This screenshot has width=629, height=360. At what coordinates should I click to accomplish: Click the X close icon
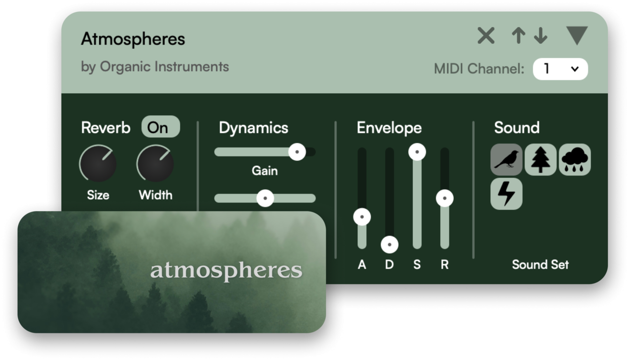tap(486, 36)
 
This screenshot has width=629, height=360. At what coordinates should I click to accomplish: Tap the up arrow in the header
tap(518, 36)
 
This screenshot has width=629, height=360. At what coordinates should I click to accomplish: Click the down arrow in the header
tap(540, 36)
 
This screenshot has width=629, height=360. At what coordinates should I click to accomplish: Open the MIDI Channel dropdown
tap(560, 69)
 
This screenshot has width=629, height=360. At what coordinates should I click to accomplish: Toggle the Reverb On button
tap(161, 127)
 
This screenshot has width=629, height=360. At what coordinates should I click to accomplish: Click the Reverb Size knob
tap(98, 164)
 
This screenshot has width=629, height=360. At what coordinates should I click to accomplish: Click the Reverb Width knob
tap(155, 164)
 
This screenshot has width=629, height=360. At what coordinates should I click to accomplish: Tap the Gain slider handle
tap(297, 152)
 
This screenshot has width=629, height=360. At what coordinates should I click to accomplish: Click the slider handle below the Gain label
tap(265, 198)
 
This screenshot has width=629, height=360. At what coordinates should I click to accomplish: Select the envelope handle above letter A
tap(362, 217)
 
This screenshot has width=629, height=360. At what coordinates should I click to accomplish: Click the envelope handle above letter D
tap(390, 245)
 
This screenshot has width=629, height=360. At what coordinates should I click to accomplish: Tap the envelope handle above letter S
tap(417, 152)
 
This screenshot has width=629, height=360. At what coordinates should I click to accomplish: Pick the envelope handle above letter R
tap(445, 198)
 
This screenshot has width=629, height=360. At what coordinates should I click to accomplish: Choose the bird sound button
tap(507, 160)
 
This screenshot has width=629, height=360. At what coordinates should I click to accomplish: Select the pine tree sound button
tap(540, 160)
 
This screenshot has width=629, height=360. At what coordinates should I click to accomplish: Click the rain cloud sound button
tap(575, 160)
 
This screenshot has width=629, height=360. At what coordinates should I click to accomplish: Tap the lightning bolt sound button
tap(507, 194)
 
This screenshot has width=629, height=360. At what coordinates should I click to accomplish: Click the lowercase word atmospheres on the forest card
tap(226, 270)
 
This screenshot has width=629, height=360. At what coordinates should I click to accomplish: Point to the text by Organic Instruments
tap(155, 67)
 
